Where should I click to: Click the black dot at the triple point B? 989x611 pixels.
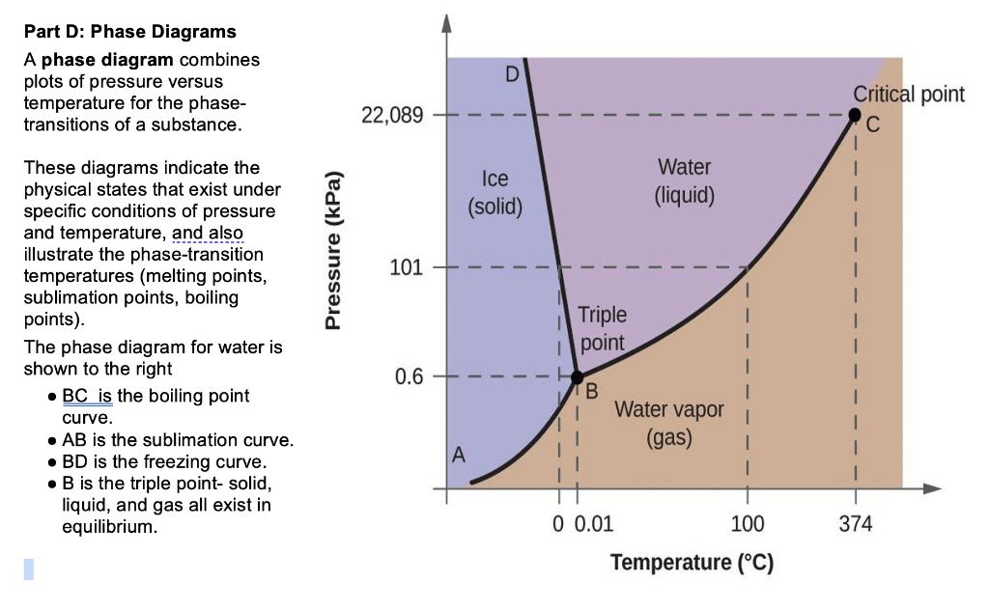pos(577,376)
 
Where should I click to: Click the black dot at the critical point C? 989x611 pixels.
pos(854,115)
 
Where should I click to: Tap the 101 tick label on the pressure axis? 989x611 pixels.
pos(406,267)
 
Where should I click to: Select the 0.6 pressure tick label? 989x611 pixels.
pos(409,376)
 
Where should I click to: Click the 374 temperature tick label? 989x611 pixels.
pos(856,524)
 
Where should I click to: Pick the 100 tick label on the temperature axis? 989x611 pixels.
pos(748,524)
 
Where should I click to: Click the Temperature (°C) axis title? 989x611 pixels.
pos(692,562)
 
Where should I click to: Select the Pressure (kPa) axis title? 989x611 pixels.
pos(334,251)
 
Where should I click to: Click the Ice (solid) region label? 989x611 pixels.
pos(494,192)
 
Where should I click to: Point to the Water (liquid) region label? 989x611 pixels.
pos(685,181)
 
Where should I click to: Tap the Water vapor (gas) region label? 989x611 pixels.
pos(668,423)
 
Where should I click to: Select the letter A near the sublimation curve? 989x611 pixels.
pos(459,454)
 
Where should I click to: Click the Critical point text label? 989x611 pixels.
pos(909,94)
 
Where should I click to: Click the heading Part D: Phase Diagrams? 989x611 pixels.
pos(129,33)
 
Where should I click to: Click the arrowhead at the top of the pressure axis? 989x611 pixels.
pos(446,23)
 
